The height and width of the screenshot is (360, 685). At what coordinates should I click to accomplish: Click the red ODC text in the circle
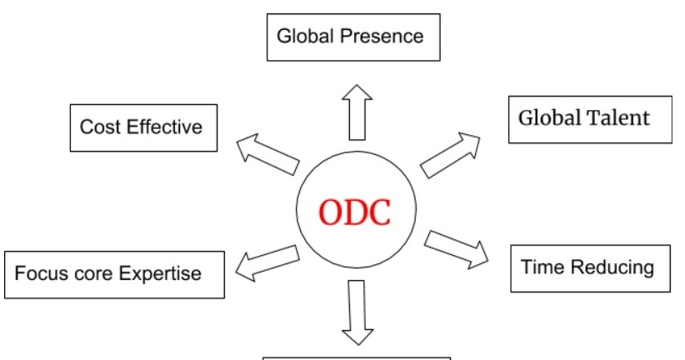pyautogui.click(x=354, y=213)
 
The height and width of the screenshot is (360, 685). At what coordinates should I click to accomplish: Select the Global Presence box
pyautogui.click(x=352, y=37)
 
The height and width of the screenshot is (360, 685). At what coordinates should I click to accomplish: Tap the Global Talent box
pyautogui.click(x=589, y=118)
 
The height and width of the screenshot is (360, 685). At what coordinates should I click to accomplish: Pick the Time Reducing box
pyautogui.click(x=589, y=267)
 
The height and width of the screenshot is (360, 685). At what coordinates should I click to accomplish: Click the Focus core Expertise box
pyautogui.click(x=114, y=273)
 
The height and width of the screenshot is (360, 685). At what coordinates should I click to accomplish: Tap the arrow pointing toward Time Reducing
pyautogui.click(x=456, y=249)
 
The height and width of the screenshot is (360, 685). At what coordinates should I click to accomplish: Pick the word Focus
pyautogui.click(x=42, y=273)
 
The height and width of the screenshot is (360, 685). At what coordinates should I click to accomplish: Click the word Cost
pyautogui.click(x=97, y=127)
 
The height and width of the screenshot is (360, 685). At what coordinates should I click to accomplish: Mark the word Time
pyautogui.click(x=541, y=267)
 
